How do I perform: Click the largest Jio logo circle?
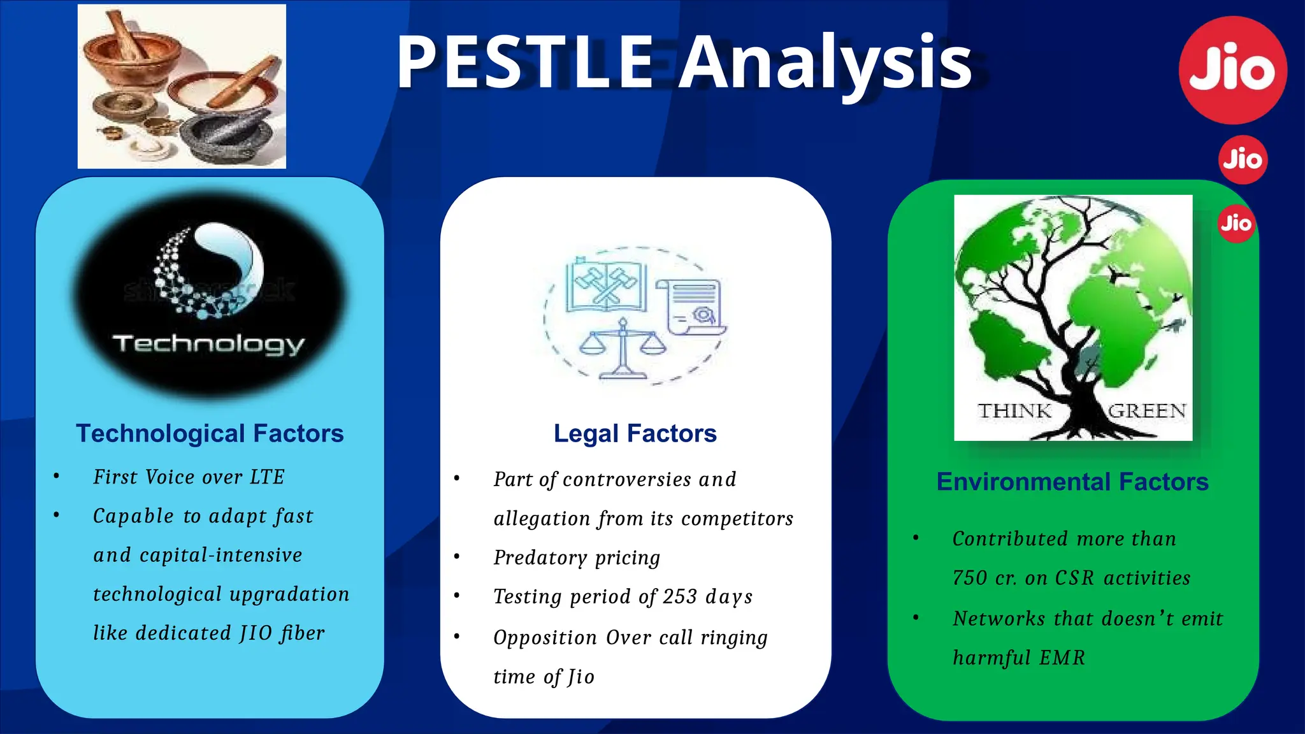pyautogui.click(x=1232, y=70)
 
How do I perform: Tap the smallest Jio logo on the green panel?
pyautogui.click(x=1236, y=223)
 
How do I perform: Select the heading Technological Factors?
pyautogui.click(x=210, y=433)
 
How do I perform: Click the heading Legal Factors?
pyautogui.click(x=635, y=433)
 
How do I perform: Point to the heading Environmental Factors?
pyautogui.click(x=1072, y=482)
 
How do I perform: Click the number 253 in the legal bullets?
pyautogui.click(x=680, y=596)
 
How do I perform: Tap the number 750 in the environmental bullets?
pyautogui.click(x=970, y=578)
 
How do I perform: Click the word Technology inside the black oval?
pyautogui.click(x=208, y=344)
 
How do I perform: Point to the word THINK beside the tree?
pyautogui.click(x=1014, y=411)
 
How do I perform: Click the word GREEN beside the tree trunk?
pyautogui.click(x=1147, y=411)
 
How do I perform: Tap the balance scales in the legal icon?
pyautogui.click(x=623, y=349)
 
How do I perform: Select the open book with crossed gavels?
pyautogui.click(x=606, y=287)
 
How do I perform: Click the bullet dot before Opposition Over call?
pyautogui.click(x=457, y=637)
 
